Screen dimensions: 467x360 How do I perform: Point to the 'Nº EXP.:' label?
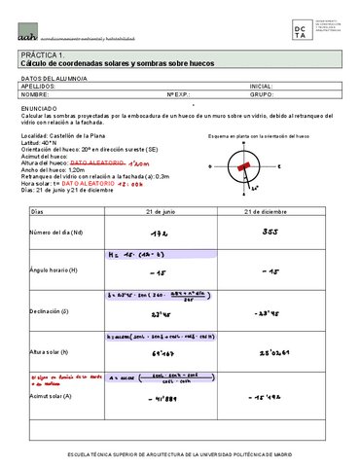(183, 95)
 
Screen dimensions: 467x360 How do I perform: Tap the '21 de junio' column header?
(161, 211)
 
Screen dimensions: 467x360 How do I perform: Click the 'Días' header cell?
(39, 211)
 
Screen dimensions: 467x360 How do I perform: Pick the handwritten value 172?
(161, 233)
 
